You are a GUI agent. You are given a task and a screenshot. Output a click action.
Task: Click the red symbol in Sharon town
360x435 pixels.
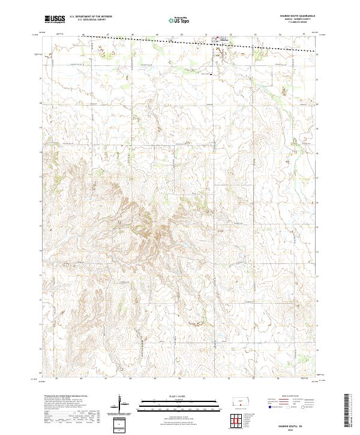[217, 41]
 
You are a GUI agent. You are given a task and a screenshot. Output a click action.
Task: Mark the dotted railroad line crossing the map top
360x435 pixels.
[150, 39]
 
